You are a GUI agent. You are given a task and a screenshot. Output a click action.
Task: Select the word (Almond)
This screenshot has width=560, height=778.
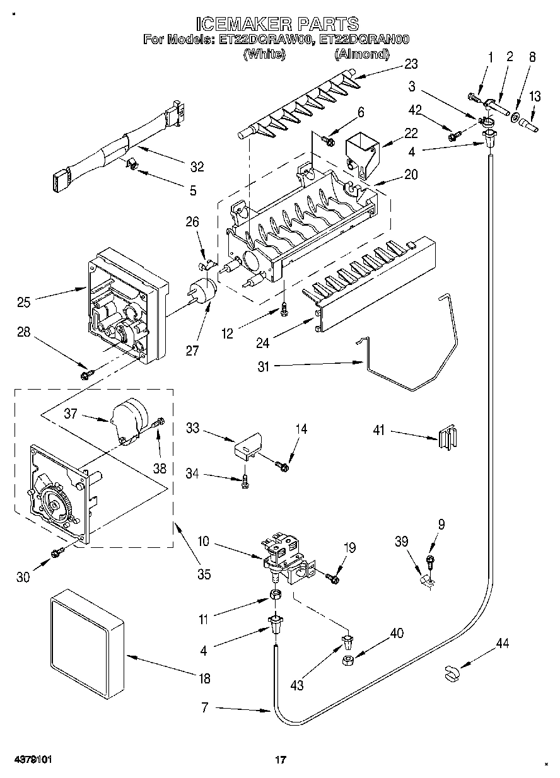(362, 54)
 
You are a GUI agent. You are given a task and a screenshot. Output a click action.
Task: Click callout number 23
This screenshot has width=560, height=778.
(411, 64)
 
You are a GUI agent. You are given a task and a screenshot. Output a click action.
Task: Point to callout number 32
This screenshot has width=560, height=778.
(197, 167)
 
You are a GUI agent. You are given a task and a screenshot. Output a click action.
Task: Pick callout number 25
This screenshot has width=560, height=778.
(23, 302)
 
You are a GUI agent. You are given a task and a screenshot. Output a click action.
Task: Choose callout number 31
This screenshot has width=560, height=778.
(264, 367)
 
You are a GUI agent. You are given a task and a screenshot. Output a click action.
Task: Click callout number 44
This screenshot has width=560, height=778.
(503, 644)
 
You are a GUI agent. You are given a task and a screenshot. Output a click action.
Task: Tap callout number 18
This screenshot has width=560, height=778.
(204, 678)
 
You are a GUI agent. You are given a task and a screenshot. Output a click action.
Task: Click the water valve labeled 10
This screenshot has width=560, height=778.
(289, 559)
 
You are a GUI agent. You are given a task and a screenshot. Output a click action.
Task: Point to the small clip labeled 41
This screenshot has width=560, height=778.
(447, 437)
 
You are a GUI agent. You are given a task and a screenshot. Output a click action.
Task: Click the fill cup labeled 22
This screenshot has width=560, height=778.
(363, 155)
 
